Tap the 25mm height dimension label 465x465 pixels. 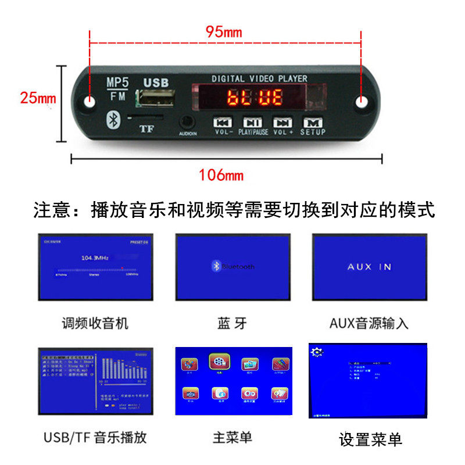click(38, 98)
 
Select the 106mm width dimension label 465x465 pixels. click(221, 174)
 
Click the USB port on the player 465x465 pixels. click(155, 98)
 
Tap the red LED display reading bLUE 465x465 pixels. click(255, 98)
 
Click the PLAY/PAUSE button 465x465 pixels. click(252, 123)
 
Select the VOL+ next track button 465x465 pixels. click(282, 123)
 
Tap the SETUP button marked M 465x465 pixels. click(313, 123)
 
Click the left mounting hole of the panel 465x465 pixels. click(91, 101)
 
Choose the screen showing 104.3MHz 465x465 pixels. click(96, 267)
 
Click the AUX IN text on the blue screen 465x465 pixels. click(369, 267)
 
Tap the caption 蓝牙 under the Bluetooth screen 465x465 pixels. click(233, 323)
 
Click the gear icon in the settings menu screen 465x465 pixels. click(317, 352)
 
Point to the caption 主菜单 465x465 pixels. click(233, 437)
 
